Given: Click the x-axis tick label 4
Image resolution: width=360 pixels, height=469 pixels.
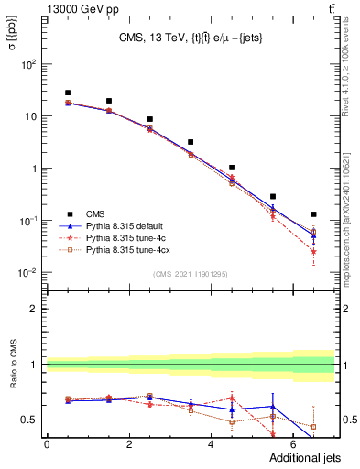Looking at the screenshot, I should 212,445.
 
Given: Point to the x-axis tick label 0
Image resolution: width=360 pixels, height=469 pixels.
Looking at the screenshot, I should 47,445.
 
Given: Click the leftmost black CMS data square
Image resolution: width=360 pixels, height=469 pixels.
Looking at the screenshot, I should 68,93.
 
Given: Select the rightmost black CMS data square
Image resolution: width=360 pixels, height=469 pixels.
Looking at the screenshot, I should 313,214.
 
